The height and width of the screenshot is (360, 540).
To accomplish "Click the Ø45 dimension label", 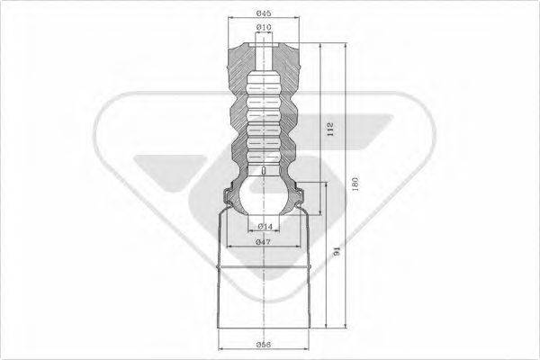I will point(263,13).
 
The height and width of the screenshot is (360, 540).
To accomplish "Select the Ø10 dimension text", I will point(264,29).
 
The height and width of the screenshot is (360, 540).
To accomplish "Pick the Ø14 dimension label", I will point(265,226).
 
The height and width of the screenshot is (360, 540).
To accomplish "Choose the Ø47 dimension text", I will point(264,242).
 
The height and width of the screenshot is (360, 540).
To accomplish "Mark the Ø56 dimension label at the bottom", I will point(264,344).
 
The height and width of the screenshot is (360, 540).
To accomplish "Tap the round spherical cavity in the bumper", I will point(264,196).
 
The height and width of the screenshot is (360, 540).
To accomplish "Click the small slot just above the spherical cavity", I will point(263,169).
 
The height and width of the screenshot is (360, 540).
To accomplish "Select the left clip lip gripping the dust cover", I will point(225,195).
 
